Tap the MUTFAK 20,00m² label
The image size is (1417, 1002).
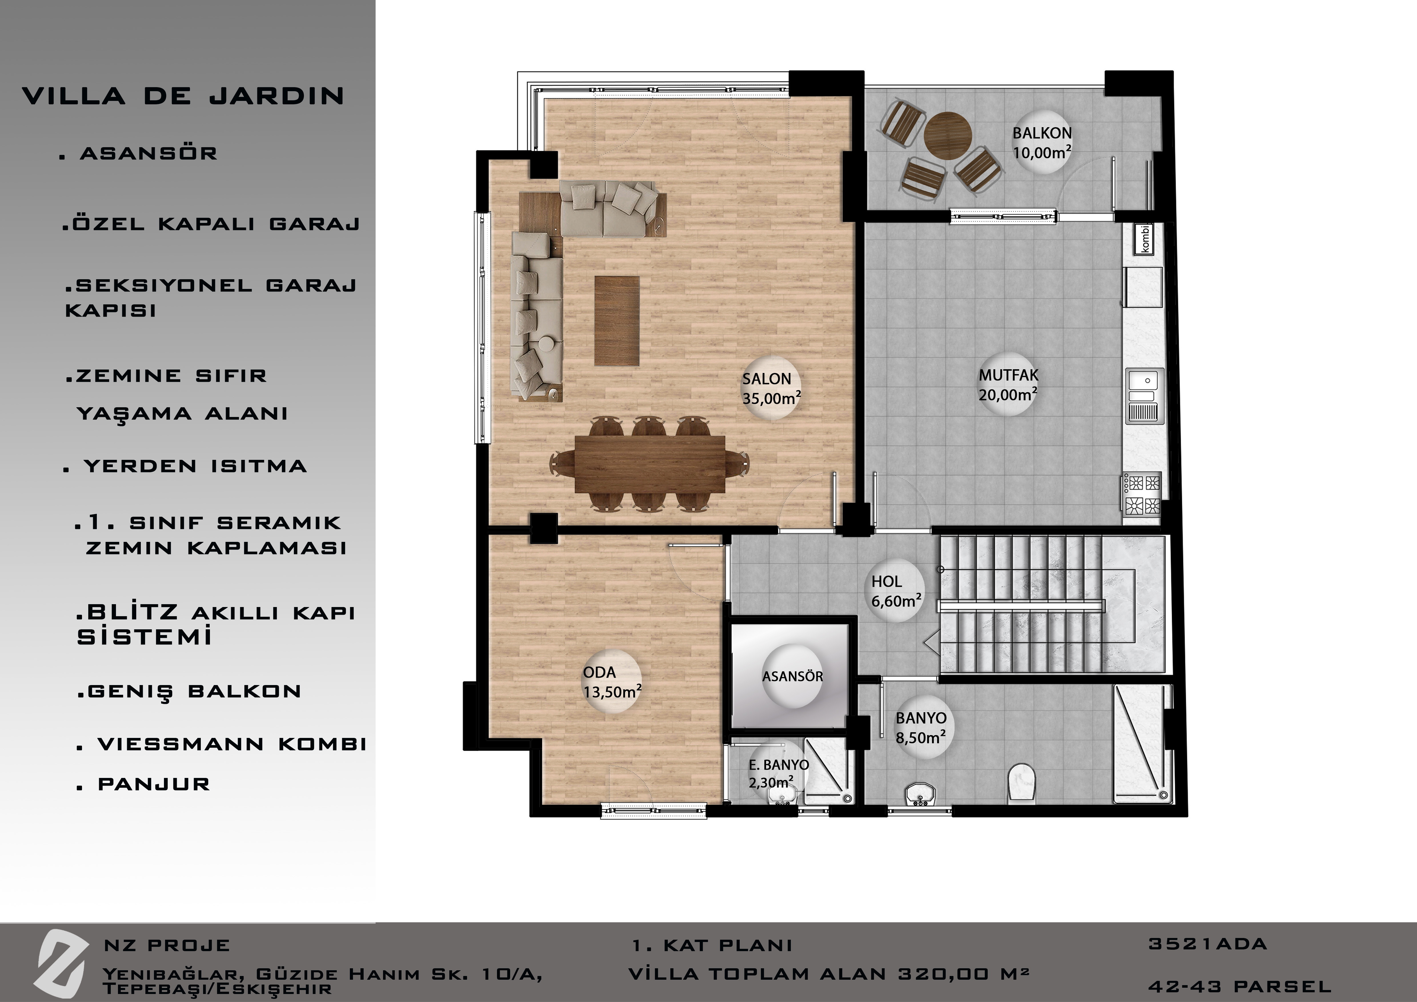1008,385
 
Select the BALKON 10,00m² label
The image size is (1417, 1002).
1042,143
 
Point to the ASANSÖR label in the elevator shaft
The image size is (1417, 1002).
792,676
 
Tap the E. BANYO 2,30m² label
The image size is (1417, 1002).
778,774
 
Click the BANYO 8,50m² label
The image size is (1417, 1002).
921,727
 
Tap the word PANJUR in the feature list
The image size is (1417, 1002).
154,784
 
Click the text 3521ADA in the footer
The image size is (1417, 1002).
1207,944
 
